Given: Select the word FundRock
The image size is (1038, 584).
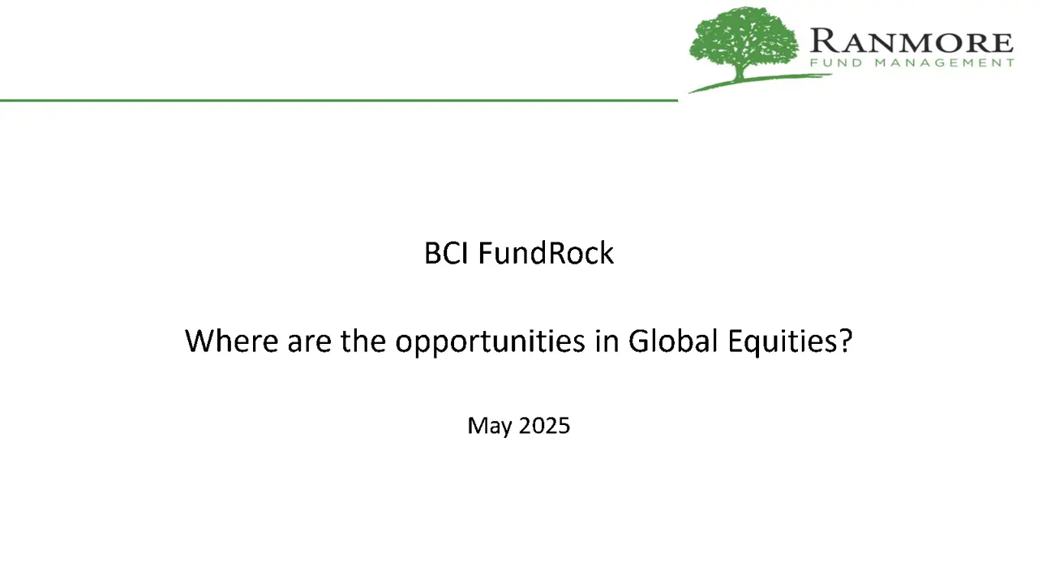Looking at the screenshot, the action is click(x=546, y=253).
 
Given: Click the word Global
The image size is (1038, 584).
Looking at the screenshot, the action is click(x=673, y=341).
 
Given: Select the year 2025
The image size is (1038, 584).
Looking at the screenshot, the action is click(x=544, y=426).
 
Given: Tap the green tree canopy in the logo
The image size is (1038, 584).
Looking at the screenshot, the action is click(x=744, y=40).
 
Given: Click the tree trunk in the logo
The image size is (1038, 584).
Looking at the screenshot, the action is click(x=740, y=72).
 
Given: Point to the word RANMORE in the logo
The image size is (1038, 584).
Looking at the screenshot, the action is click(x=911, y=41).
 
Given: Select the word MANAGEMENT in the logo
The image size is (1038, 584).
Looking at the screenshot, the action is click(x=945, y=62).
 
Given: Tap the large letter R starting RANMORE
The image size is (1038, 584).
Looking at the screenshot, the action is click(x=823, y=41).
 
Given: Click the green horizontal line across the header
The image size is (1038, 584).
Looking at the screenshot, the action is click(x=339, y=100).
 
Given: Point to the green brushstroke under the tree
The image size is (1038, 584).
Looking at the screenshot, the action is click(x=760, y=83).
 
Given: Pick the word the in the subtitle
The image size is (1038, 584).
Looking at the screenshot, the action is click(x=363, y=341).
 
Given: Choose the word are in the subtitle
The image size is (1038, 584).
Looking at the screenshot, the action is click(x=310, y=344).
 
